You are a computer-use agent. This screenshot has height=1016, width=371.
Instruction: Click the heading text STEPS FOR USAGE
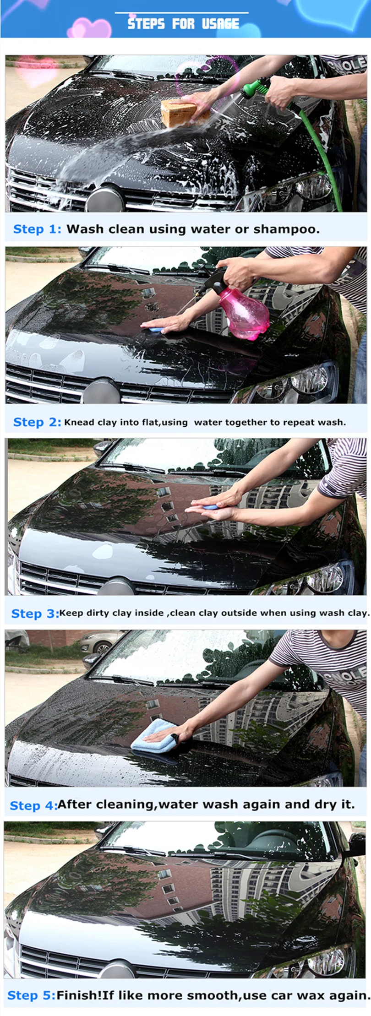point(183,24)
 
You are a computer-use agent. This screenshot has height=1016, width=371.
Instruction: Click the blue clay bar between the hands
point(211,507)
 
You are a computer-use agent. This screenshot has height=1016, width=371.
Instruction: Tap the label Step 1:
point(37,229)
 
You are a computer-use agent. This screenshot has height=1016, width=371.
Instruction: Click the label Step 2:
point(37,422)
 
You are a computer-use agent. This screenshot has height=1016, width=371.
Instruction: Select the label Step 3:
point(35,614)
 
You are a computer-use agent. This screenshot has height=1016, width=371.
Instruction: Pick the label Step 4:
point(33,806)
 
